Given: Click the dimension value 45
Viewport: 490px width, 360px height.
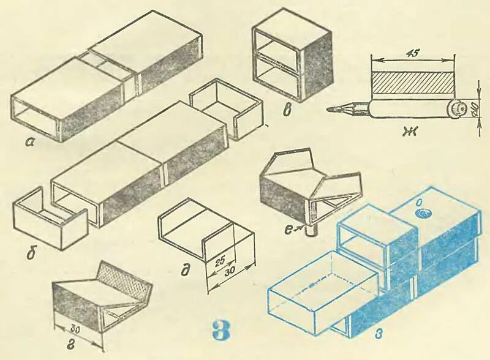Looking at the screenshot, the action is tap(413, 53).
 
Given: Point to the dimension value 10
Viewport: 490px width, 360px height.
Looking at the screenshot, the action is tap(477, 110).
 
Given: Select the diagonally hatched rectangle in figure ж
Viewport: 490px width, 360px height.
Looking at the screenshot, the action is tap(413, 82).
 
